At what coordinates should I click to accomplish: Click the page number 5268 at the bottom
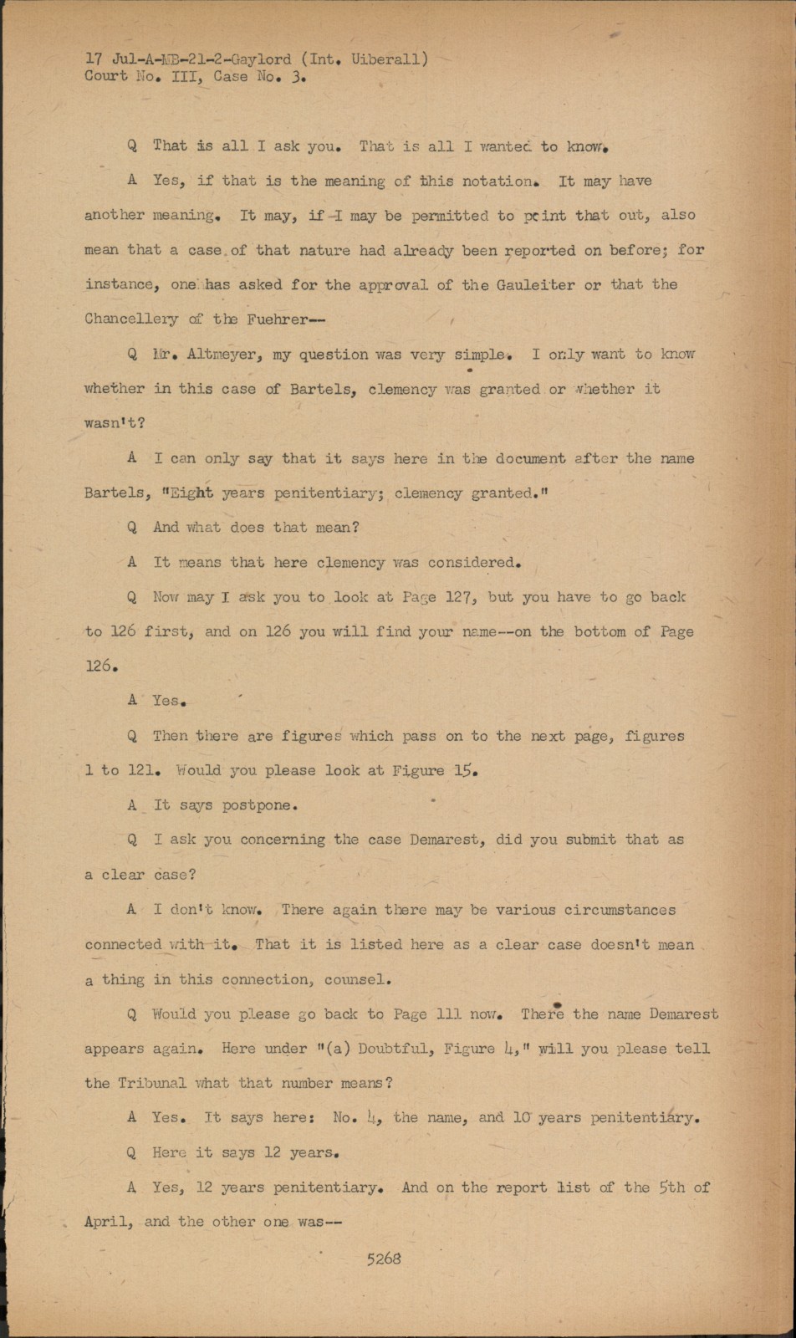[384, 1258]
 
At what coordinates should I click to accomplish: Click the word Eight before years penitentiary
[191, 493]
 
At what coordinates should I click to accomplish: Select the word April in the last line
[108, 1222]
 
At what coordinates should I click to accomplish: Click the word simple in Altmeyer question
[481, 355]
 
